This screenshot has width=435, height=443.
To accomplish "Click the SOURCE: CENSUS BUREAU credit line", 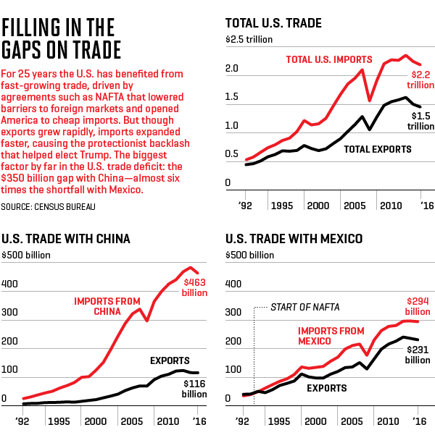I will (49, 206).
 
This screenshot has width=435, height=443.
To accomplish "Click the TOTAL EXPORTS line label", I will (377, 149).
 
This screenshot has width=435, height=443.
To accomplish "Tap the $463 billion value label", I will (194, 286).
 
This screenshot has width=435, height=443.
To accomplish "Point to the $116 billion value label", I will (195, 389).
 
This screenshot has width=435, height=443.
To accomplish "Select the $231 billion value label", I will (417, 354).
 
